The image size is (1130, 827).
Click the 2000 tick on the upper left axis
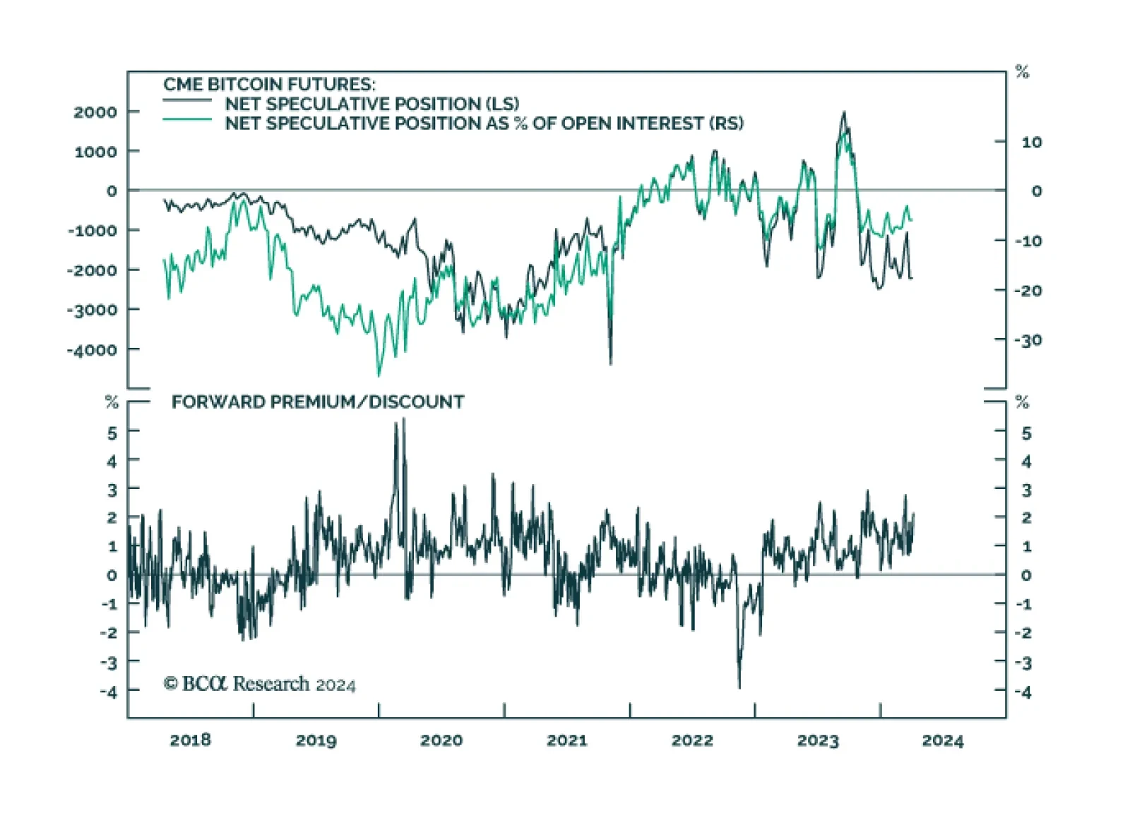[x=95, y=112]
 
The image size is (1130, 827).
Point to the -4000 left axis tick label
[x=92, y=350]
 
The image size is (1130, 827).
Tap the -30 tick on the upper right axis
[x=1028, y=341]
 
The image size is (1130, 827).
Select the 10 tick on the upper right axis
[x=1031, y=143]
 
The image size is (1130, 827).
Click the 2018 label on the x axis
[x=190, y=740]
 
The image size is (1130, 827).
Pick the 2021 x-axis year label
[x=566, y=740]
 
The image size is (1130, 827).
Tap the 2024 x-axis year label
[x=942, y=740]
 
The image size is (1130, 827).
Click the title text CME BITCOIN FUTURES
[x=269, y=85]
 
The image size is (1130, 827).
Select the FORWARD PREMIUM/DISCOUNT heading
[x=318, y=402]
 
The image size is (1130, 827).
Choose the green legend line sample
[x=187, y=120]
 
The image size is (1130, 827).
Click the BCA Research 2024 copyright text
[x=259, y=684]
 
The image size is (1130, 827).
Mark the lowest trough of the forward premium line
[x=739, y=687]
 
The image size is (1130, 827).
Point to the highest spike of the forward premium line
[x=404, y=419]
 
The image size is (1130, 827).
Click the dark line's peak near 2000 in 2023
[x=843, y=113]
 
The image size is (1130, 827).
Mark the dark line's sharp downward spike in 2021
[x=610, y=363]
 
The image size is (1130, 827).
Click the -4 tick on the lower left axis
[x=109, y=692]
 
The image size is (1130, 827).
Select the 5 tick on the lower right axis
[x=1026, y=433]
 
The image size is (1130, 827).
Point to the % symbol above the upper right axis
[x=1022, y=72]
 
